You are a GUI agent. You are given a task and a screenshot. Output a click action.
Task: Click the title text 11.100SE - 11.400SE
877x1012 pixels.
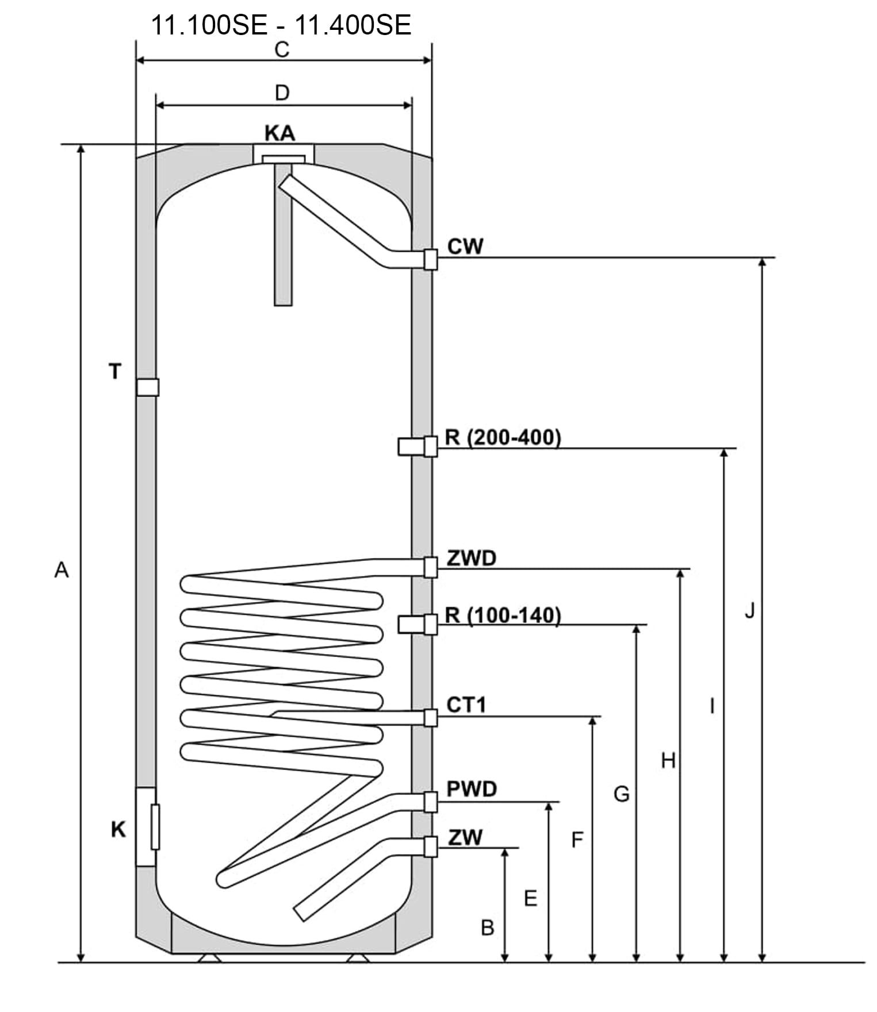tap(281, 25)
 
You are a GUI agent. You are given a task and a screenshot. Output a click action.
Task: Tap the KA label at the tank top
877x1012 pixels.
tap(279, 133)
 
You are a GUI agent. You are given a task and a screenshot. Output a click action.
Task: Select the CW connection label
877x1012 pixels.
tap(465, 247)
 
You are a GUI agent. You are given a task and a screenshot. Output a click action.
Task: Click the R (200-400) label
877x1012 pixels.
tap(503, 437)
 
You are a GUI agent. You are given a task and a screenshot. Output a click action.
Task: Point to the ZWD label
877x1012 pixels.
tap(471, 558)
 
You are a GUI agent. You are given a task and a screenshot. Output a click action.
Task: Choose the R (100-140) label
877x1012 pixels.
tap(503, 615)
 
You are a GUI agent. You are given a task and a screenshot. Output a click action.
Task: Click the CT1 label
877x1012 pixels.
tap(466, 705)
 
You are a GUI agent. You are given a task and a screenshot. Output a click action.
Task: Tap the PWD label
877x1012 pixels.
tap(472, 789)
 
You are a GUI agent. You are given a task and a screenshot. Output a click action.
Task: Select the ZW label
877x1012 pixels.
tap(465, 837)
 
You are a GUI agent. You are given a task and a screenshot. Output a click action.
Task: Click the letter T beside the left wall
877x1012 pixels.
tap(116, 372)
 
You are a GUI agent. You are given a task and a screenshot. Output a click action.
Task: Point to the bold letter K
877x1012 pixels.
tap(118, 829)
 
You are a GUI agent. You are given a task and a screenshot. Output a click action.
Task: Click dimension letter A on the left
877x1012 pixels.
tap(62, 570)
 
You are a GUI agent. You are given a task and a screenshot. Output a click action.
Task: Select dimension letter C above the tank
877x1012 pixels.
tap(282, 50)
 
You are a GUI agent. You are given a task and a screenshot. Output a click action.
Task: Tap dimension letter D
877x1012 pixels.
tap(282, 93)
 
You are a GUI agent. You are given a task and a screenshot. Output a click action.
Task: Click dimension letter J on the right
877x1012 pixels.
tap(749, 611)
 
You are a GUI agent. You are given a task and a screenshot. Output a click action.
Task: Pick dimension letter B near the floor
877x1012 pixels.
tap(487, 927)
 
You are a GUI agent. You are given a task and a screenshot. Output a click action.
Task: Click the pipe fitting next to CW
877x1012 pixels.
tap(430, 259)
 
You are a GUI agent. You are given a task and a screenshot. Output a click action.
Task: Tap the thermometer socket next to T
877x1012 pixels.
tap(148, 387)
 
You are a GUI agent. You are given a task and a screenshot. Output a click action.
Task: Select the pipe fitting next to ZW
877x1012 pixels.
tap(430, 846)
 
